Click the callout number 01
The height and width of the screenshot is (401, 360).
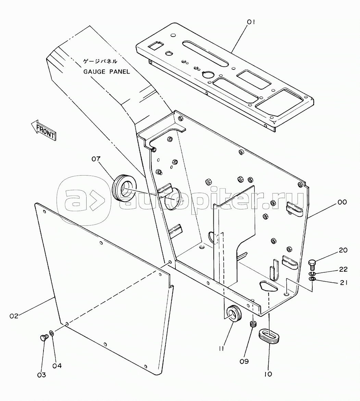pos(251,22)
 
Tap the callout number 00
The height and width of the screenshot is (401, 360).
pos(342,202)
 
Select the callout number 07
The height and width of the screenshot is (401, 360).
pos(96,159)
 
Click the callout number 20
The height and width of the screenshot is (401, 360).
pos(343,250)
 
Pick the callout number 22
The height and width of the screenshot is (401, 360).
pos(343,269)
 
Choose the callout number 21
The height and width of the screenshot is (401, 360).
pos(343,283)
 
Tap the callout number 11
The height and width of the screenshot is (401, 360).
pos(222,348)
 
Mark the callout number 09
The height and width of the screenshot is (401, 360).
pos(244,361)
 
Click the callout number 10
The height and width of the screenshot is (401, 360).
pos(268,374)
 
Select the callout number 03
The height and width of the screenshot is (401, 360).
pos(41,375)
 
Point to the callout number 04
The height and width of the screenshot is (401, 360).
pos(57,366)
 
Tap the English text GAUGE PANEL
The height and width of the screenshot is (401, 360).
pos(107,72)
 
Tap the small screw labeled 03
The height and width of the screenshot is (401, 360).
pos(44,338)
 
